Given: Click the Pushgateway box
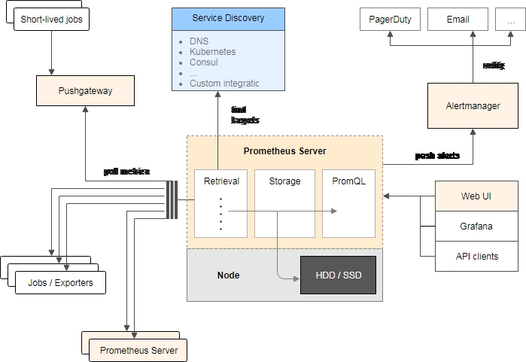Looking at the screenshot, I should pos(85,90).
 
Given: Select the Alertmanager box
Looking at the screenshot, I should pos(473,106).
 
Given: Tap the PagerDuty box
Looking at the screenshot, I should pos(391,20).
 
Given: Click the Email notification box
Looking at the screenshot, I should pos(458,20).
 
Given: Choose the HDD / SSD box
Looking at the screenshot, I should pos(337,275).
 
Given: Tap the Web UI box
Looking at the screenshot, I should pos(476,196).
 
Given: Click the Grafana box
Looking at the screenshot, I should pos(476,226).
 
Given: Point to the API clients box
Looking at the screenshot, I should pos(476,256).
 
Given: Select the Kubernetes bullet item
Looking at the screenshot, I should pos(212,52).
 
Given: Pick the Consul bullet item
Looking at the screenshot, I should pos(205,62).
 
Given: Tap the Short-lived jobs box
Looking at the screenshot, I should pos(51,20).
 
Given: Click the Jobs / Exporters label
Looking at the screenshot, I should pos(61,282).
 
